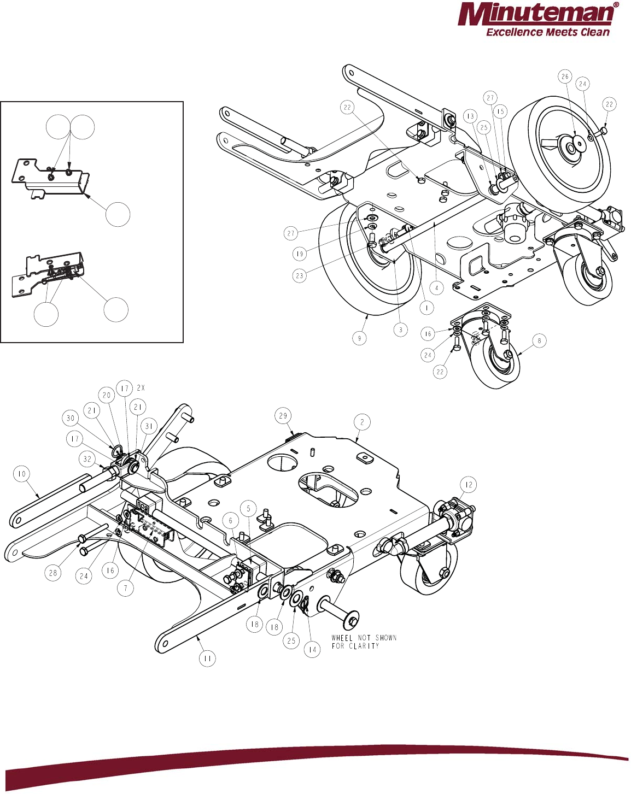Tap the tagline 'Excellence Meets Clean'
(547, 32)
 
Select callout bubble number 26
(565, 77)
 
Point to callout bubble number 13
(470, 116)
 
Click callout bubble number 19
(299, 254)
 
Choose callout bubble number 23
(299, 275)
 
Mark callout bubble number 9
(359, 338)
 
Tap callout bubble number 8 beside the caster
(539, 341)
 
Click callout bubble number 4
(436, 287)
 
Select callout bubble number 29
(283, 416)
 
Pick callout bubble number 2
(362, 422)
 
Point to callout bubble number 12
(469, 485)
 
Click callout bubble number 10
(21, 474)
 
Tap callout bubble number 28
(53, 573)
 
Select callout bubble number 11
(207, 658)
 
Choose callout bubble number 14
(312, 650)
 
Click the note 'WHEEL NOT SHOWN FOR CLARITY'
(364, 642)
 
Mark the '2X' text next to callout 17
(141, 388)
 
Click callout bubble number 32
(87, 459)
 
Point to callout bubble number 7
(126, 588)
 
